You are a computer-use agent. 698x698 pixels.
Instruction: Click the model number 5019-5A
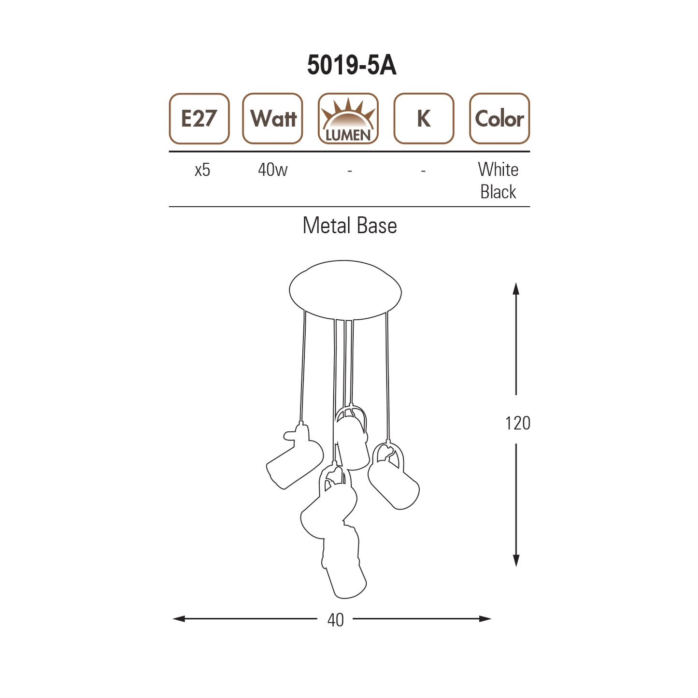[x=351, y=65]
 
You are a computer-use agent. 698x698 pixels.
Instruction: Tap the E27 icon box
[x=199, y=118]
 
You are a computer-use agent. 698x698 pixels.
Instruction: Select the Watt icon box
[x=272, y=118]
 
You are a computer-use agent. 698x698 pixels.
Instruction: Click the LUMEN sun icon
[x=348, y=118]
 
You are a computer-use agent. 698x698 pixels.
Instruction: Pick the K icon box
[x=424, y=118]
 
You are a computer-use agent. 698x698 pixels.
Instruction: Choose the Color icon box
[x=499, y=118]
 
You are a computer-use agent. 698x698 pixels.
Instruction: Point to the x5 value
[x=202, y=170]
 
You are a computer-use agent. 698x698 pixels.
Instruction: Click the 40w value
[x=273, y=170]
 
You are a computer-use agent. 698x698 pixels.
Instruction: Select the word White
[x=498, y=169]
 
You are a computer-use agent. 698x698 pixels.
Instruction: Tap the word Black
[x=498, y=192]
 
